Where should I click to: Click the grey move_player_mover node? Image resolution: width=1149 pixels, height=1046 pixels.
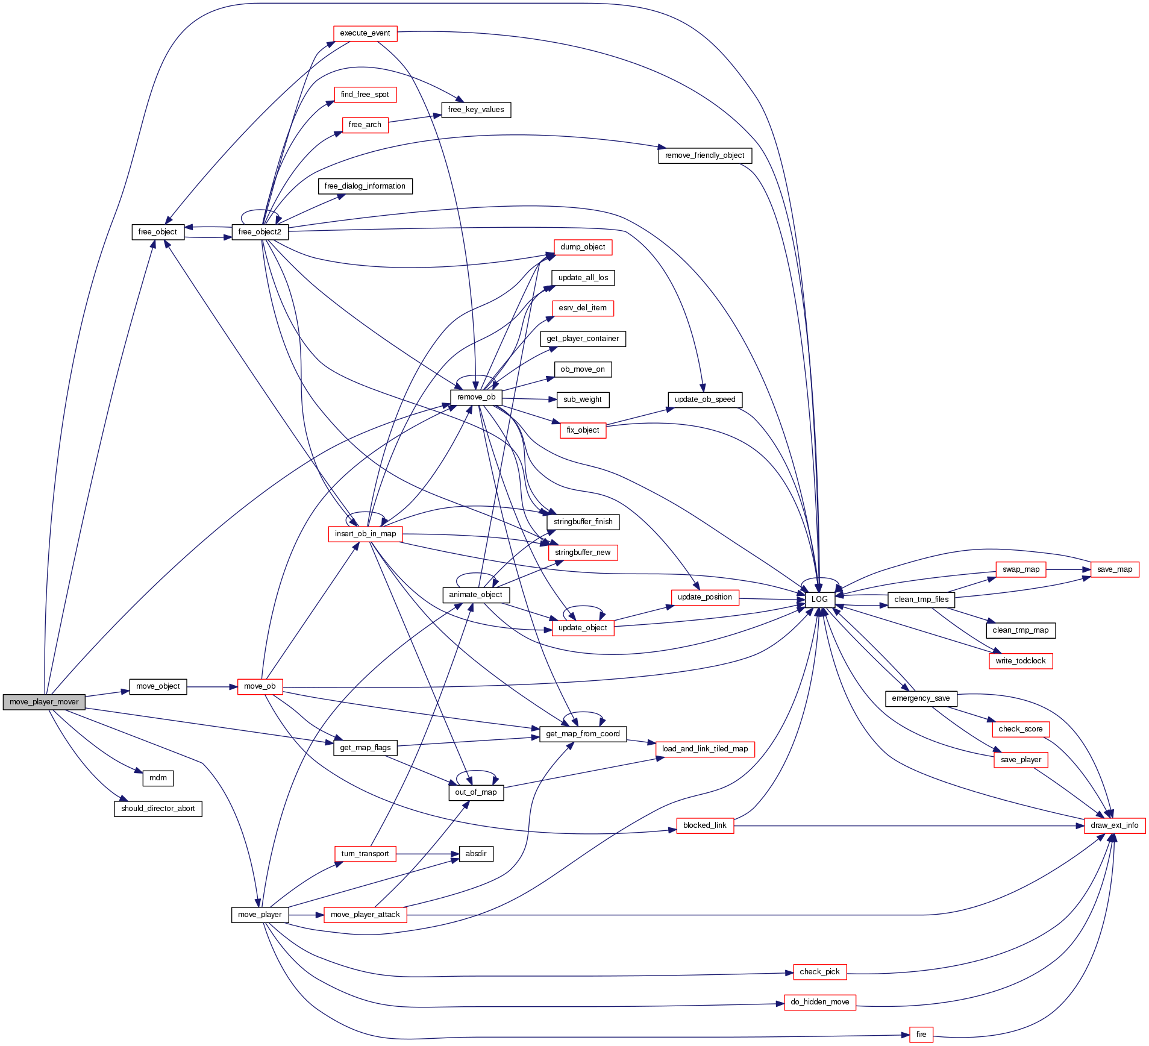[44, 702]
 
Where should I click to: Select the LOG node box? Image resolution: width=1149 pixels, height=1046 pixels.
[819, 600]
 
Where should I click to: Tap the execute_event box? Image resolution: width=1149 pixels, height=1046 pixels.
[365, 33]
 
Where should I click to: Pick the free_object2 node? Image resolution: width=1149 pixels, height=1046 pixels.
[260, 232]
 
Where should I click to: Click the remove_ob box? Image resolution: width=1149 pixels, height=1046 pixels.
[476, 397]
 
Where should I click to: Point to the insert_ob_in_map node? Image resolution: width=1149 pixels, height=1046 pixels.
[365, 534]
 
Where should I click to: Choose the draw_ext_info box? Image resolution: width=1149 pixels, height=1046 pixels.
[1114, 825]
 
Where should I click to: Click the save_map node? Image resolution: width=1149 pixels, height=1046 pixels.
[1114, 569]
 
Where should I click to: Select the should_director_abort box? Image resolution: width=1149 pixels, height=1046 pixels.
[158, 809]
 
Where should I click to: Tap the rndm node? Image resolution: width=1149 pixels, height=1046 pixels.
[158, 778]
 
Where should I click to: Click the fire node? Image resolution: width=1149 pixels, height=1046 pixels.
[921, 1035]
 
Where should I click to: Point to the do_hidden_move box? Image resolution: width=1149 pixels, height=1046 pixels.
[819, 1002]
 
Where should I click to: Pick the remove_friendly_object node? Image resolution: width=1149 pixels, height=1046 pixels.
[704, 155]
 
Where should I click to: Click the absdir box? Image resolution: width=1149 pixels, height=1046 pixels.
[476, 854]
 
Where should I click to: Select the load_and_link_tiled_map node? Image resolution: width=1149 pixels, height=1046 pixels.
[704, 749]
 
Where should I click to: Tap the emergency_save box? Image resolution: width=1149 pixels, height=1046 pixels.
[920, 698]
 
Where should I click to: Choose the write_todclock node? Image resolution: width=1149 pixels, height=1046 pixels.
[1020, 661]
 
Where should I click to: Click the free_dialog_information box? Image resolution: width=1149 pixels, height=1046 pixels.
[365, 186]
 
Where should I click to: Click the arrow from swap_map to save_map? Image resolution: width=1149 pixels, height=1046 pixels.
[1068, 569]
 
